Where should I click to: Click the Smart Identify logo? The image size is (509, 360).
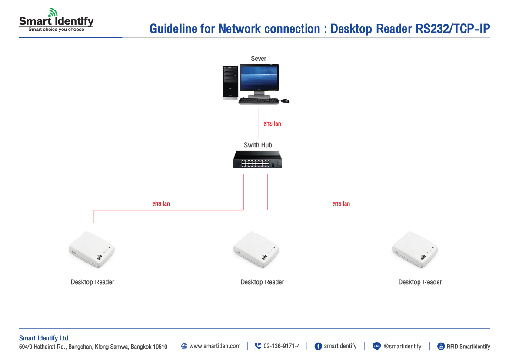(56, 21)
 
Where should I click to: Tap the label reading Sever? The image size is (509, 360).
(259, 59)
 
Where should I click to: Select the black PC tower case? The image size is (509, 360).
(230, 82)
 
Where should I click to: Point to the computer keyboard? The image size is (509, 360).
(259, 101)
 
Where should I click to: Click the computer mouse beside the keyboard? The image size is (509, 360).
(285, 101)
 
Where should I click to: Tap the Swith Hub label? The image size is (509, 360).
(258, 145)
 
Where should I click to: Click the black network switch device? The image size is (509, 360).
(258, 160)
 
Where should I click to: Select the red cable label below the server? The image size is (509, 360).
(272, 124)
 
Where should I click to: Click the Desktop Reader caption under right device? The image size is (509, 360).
(420, 282)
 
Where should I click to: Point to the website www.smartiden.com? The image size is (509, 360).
(215, 346)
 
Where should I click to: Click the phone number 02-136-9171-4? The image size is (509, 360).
(282, 346)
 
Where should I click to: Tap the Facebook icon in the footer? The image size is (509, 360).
(318, 347)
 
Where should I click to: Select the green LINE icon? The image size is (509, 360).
(376, 347)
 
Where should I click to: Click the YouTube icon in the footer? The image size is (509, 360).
(441, 347)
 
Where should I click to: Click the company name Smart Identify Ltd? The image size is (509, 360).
(44, 338)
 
